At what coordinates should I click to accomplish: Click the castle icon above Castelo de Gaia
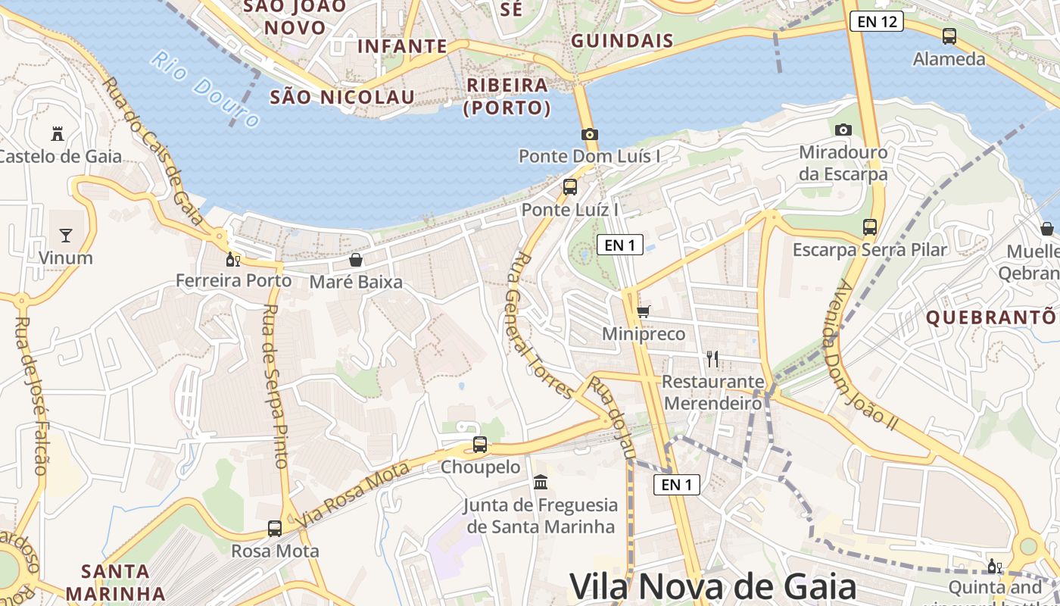(x=57, y=134)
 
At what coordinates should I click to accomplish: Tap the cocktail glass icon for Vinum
(x=66, y=235)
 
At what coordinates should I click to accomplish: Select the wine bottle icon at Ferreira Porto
(x=233, y=259)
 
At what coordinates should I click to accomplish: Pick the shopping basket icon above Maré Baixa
(x=356, y=260)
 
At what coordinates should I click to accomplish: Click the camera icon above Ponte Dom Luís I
(x=590, y=134)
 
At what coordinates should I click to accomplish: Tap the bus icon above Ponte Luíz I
(x=570, y=186)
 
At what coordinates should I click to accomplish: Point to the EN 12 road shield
(x=877, y=21)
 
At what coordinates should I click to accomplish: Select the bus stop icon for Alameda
(x=949, y=36)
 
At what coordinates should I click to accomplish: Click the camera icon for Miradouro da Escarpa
(x=843, y=130)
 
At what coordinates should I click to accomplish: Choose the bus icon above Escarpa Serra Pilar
(x=870, y=226)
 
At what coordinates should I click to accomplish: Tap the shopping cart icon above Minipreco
(x=644, y=311)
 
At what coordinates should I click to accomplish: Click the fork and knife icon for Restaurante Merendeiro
(x=712, y=358)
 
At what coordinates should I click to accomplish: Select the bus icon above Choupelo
(x=480, y=445)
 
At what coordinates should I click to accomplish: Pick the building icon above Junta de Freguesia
(x=541, y=482)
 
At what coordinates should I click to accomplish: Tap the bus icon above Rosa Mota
(x=275, y=528)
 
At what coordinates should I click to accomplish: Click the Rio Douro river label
(x=205, y=89)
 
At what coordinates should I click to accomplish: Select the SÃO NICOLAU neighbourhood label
(x=342, y=97)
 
